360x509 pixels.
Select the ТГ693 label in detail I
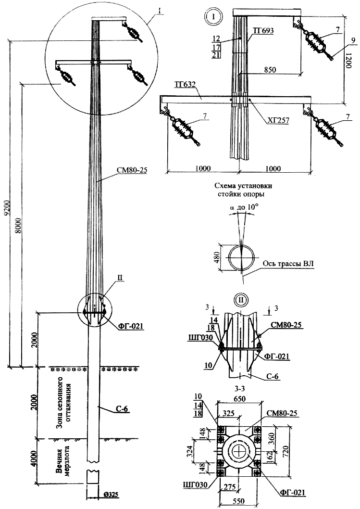(263, 31)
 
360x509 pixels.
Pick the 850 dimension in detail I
(270, 70)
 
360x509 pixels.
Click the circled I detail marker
(213, 15)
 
